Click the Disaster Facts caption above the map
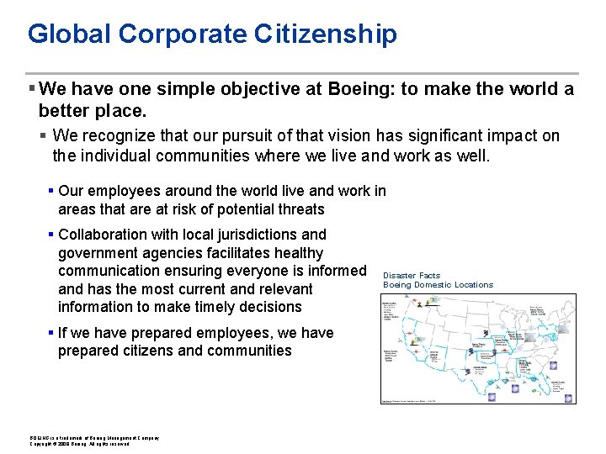(412, 276)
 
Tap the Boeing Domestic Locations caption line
(438, 285)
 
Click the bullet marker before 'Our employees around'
(51, 192)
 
